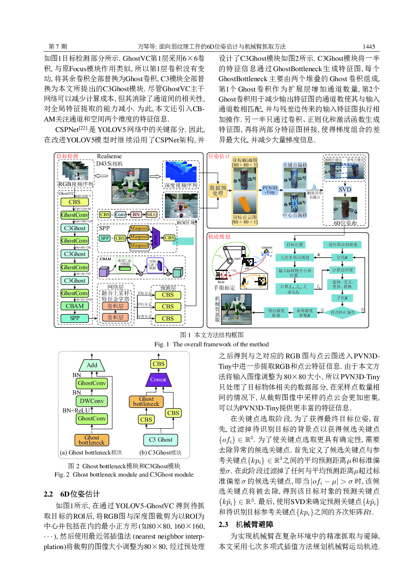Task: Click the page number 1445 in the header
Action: [368, 47]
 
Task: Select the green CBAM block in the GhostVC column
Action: [75, 306]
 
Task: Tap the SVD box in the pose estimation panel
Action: [345, 189]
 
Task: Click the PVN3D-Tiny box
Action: [270, 190]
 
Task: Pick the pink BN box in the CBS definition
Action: [136, 214]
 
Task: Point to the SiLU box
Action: [152, 214]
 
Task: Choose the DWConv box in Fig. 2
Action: [92, 401]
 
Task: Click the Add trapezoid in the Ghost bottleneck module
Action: [92, 365]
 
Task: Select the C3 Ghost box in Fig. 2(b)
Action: [161, 440]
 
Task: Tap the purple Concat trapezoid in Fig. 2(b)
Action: [158, 379]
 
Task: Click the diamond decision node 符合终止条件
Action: [343, 312]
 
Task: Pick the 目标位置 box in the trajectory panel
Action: [295, 245]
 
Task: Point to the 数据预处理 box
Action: [218, 190]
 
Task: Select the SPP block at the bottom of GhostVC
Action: [75, 318]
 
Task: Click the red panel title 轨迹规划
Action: [219, 236]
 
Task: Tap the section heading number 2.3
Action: [223, 524]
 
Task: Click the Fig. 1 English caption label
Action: [162, 344]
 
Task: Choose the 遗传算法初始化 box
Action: [343, 245]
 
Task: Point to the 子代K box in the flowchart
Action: [343, 298]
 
